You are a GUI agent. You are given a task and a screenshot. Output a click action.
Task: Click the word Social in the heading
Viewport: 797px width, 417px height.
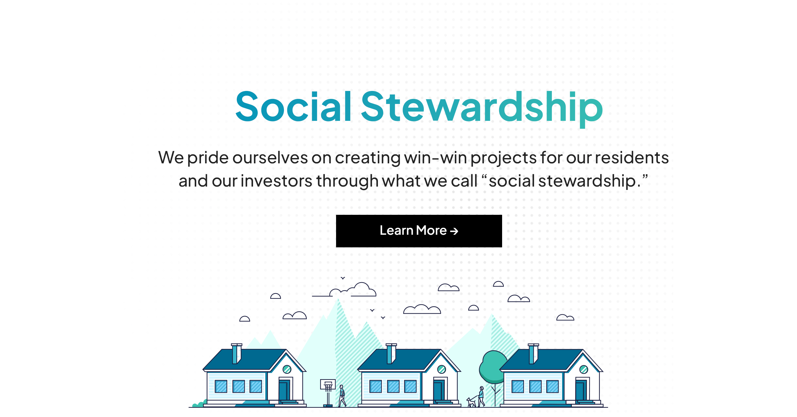(293, 107)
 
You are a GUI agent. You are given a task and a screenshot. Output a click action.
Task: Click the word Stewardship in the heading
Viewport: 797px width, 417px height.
(482, 107)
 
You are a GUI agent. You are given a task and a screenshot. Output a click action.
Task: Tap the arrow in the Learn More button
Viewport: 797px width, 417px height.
(454, 231)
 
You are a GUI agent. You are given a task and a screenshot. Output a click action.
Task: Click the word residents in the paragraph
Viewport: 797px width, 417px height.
(632, 158)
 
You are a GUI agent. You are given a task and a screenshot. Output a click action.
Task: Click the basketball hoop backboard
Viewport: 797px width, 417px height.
(328, 384)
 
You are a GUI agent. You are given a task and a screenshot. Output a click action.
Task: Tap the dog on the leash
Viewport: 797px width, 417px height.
(471, 402)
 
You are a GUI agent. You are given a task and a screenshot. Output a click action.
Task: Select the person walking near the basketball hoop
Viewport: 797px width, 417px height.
(342, 395)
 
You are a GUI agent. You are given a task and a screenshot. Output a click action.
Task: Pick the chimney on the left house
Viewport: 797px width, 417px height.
(236, 354)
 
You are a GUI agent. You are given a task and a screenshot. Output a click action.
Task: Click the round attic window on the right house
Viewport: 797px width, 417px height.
(584, 369)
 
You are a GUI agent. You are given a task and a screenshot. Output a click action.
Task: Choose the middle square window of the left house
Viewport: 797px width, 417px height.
(238, 386)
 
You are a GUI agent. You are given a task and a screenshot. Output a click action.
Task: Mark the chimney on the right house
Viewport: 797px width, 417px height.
(533, 354)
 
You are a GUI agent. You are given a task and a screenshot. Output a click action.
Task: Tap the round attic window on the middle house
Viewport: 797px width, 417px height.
(441, 369)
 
